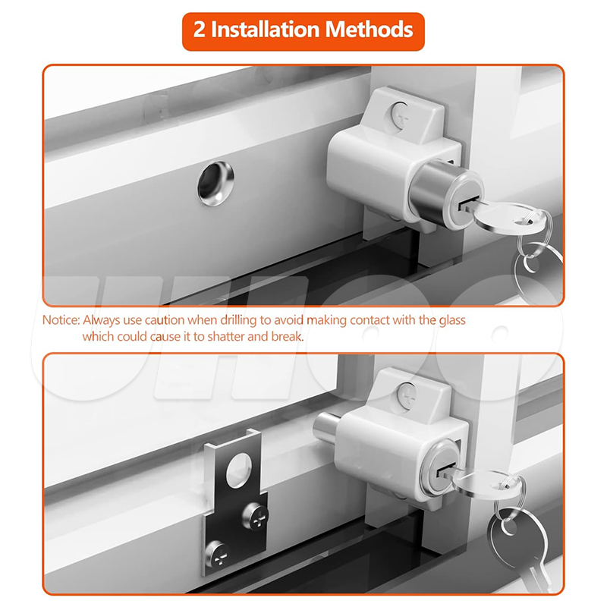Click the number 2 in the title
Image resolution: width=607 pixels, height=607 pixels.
tap(199, 30)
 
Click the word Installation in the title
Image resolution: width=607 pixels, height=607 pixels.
tap(265, 30)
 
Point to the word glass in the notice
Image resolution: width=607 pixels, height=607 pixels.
tap(451, 321)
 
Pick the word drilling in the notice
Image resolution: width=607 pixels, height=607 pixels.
tap(238, 321)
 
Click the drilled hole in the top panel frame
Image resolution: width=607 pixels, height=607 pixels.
tap(215, 183)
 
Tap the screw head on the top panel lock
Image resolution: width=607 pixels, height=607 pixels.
tap(401, 115)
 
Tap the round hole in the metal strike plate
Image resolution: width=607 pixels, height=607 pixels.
tap(239, 470)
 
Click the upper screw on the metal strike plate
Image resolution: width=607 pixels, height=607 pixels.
tap(256, 516)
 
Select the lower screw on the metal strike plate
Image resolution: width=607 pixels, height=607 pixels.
tap(218, 554)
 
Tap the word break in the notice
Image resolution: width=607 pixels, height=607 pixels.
tap(287, 336)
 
